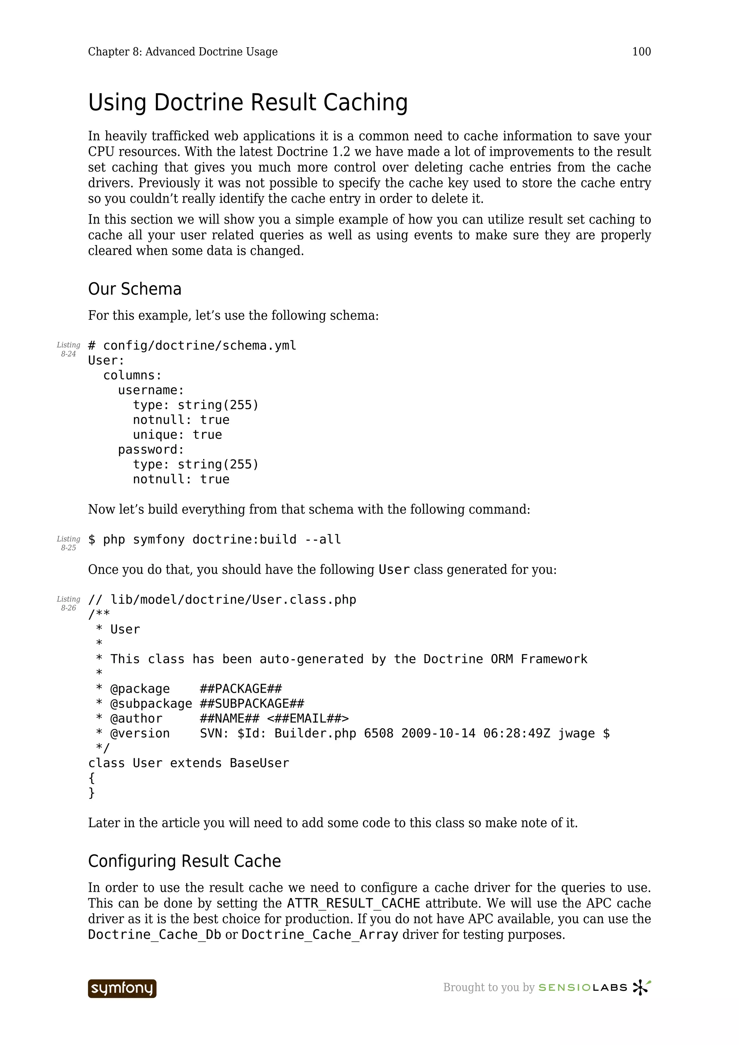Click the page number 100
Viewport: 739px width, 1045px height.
click(x=641, y=52)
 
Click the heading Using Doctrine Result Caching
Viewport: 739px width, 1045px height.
click(x=248, y=102)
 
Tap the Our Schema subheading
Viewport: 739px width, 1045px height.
click(x=135, y=289)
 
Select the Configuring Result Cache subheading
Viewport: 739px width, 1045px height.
click(x=184, y=861)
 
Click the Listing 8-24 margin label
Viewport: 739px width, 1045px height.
click(x=68, y=349)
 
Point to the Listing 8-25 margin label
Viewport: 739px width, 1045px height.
click(x=68, y=543)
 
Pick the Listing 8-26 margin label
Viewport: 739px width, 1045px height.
click(x=68, y=604)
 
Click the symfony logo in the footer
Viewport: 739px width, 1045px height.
click(x=122, y=988)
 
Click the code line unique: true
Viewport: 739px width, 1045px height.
click(x=177, y=435)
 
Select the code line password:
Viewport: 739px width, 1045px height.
click(x=151, y=450)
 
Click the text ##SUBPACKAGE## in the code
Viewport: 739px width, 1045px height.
click(x=252, y=704)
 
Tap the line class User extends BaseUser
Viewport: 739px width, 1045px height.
click(x=188, y=763)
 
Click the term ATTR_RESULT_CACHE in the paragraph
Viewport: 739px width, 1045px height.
click(x=353, y=903)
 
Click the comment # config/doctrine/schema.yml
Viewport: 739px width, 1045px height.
click(x=192, y=345)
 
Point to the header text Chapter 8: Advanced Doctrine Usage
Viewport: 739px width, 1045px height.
click(x=183, y=52)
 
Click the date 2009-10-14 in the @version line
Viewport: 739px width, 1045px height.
click(x=438, y=734)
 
